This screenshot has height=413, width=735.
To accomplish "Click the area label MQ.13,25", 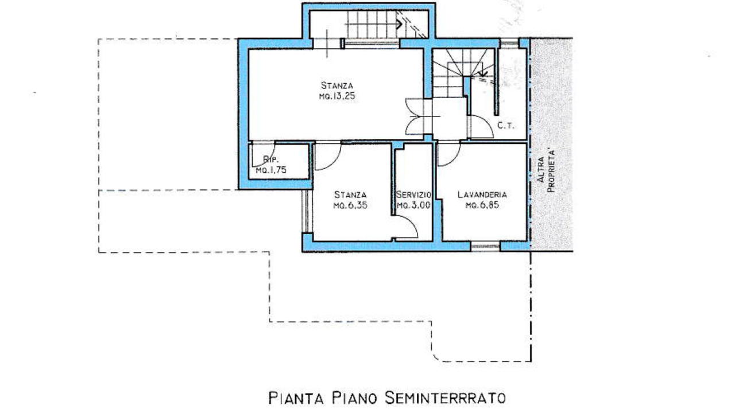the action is (x=337, y=96).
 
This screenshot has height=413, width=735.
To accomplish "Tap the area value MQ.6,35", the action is (x=350, y=205).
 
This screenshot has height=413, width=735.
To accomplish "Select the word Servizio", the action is (x=413, y=194).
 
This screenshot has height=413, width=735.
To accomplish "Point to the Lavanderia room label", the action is (x=482, y=194).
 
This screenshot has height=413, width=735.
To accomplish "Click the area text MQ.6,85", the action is (x=482, y=205).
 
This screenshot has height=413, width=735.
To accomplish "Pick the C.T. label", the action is (x=506, y=126).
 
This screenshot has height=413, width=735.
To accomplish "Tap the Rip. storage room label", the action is (x=271, y=160).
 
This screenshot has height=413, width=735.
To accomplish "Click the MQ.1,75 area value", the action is (x=271, y=170).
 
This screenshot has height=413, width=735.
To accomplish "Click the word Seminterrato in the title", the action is (x=444, y=398).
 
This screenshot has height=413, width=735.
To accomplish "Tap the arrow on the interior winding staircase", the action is (x=482, y=73).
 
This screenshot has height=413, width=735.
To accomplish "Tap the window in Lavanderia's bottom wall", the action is (x=485, y=246).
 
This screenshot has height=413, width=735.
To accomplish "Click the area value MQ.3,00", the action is (x=413, y=205).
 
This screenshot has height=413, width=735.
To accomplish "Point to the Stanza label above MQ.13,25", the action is (x=337, y=85).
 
